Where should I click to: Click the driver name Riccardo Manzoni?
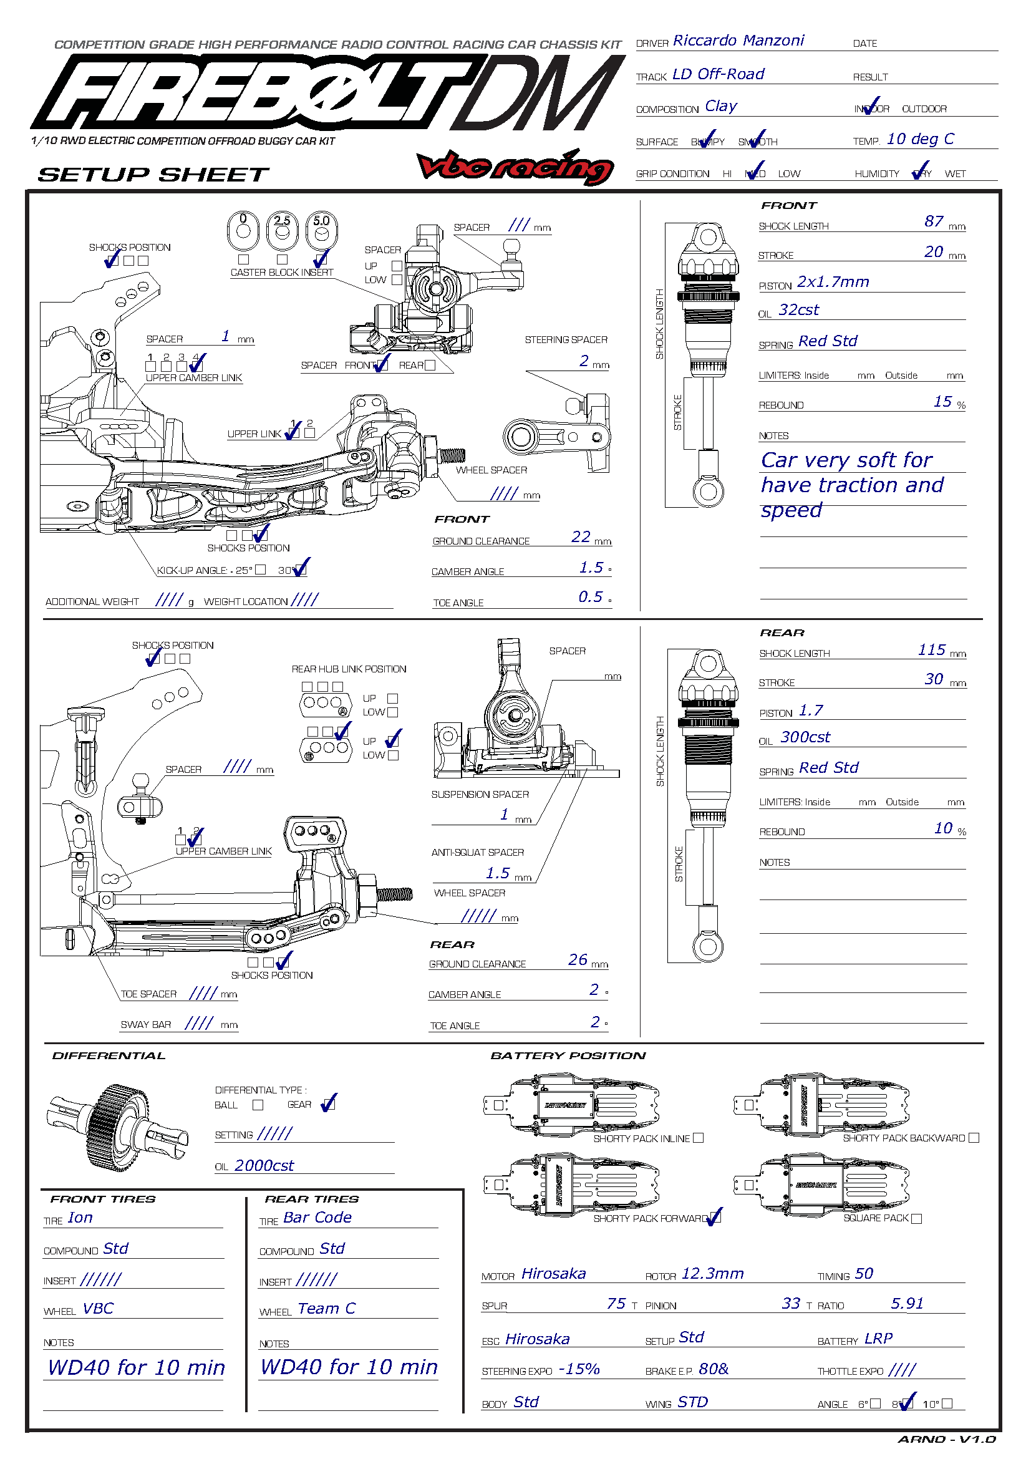pos(738,41)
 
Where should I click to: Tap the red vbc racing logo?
pos(515,167)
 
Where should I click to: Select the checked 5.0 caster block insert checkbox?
pos(321,259)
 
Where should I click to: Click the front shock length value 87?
pos(933,221)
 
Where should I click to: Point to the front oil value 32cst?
pos(798,310)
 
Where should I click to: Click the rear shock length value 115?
pos(931,649)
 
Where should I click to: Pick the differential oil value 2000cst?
pos(264,1165)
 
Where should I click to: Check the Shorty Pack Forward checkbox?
pos(715,1218)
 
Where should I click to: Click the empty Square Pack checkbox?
pos(916,1218)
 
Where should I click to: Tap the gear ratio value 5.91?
pos(906,1303)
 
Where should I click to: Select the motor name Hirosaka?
pos(553,1274)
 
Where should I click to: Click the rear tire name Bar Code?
pos(317,1217)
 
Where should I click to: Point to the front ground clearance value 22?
pos(581,537)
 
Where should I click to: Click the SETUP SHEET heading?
pos(153,175)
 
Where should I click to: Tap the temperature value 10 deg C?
pos(920,139)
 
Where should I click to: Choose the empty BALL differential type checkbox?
pos(258,1105)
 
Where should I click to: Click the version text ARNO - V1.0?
pos(946,1439)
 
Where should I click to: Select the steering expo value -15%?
pos(579,1369)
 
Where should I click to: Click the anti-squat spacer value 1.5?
pos(497,873)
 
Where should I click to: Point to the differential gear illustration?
pos(117,1127)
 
